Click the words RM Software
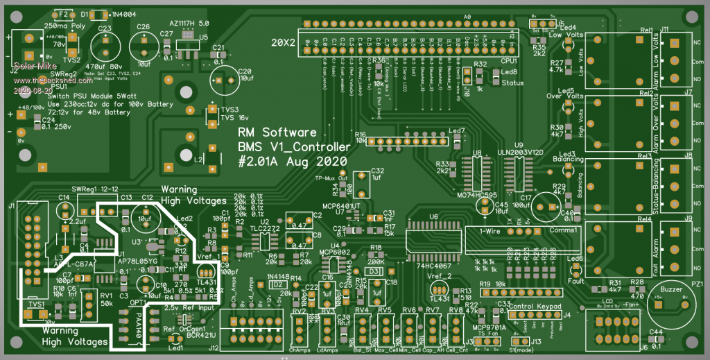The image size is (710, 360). (277, 132)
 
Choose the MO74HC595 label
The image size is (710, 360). (478, 196)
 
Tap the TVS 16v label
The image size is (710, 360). (234, 117)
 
